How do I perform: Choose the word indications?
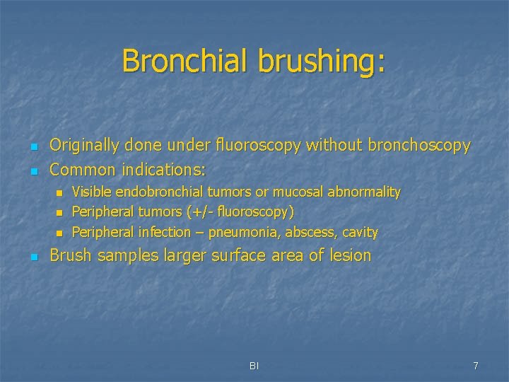[x=163, y=170]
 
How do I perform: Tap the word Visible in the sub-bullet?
[x=92, y=192]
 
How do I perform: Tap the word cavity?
[x=361, y=233]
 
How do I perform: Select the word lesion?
[x=350, y=255]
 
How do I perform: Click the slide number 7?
[x=476, y=366]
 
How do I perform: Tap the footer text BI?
[x=255, y=366]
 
